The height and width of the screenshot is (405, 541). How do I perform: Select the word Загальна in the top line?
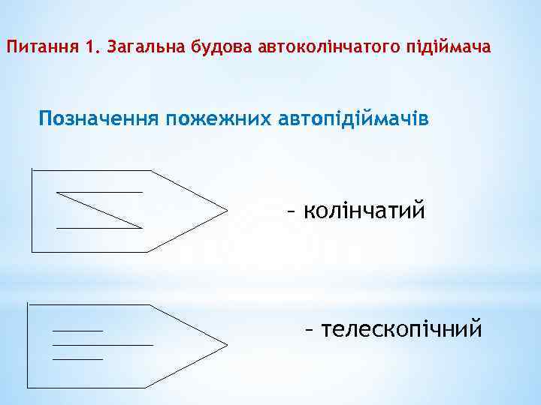[141, 48]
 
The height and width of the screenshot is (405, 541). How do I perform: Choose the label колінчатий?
[364, 209]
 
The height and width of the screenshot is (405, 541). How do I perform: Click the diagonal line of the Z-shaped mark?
[99, 209]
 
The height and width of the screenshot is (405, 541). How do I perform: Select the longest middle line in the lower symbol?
[102, 344]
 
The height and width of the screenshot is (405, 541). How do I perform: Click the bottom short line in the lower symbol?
[77, 358]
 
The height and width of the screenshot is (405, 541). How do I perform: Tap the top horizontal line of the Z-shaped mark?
[99, 192]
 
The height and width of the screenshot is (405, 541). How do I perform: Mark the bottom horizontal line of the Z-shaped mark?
[99, 226]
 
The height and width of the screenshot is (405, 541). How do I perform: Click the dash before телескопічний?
[308, 330]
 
